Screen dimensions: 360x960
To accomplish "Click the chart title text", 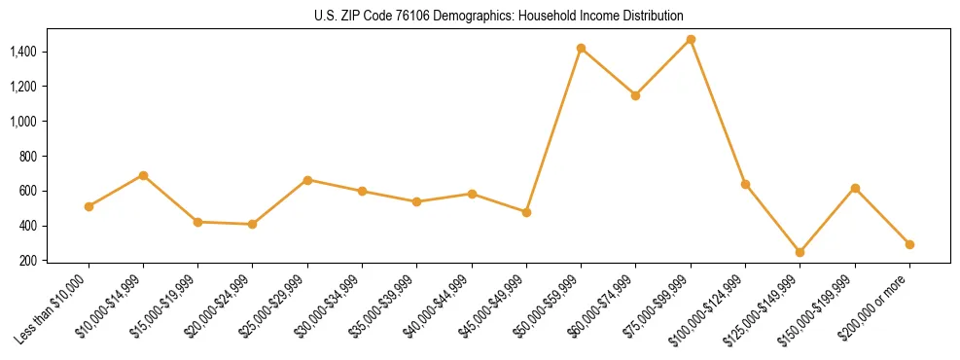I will point(500,16).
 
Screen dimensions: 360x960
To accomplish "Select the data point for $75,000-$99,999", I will point(691,39).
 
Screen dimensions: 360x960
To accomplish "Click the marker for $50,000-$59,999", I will point(581,48).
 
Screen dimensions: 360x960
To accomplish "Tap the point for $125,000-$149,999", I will point(800,252).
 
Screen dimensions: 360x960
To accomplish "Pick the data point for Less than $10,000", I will point(89,206).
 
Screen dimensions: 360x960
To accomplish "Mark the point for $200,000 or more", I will point(909,244).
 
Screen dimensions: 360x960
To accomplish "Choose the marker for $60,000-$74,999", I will point(635,95).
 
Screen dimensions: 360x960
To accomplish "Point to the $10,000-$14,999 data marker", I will point(143,175).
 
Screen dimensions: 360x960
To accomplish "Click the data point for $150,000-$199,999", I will point(855,188).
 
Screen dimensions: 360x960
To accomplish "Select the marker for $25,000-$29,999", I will point(307,180).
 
